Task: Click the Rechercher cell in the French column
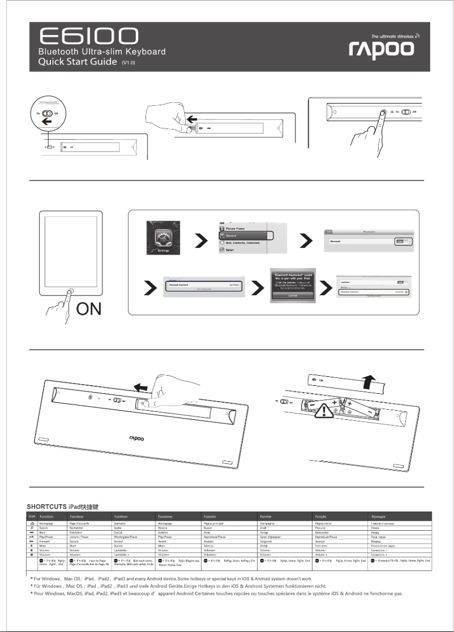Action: point(79,530)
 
